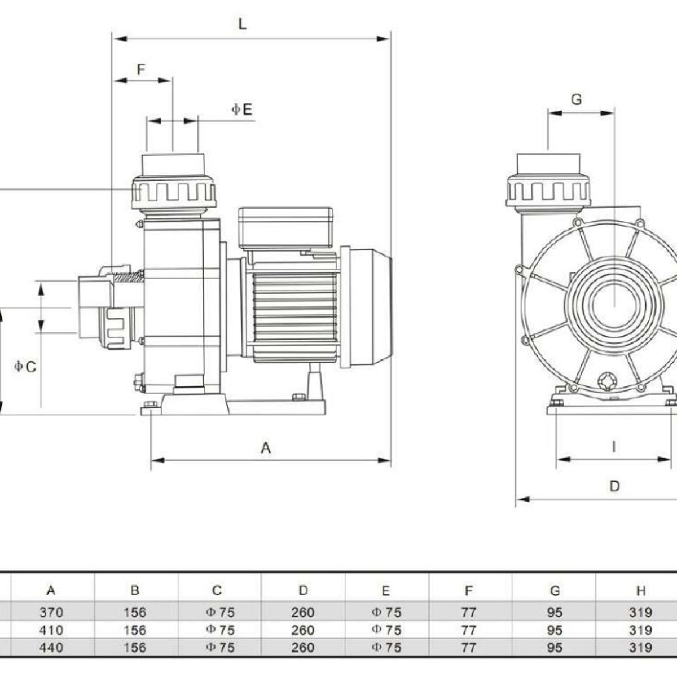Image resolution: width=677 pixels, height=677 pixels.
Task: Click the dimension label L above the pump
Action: [x=242, y=24]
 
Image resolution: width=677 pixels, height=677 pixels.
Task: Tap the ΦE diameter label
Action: [x=242, y=109]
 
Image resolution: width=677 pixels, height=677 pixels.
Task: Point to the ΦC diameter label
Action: [x=25, y=367]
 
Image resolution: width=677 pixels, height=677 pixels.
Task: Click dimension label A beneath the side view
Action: [x=266, y=448]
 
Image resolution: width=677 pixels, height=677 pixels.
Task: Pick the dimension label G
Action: [x=576, y=99]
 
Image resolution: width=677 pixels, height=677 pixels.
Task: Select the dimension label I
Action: [x=614, y=447]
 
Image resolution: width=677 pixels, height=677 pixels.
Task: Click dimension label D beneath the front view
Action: [x=615, y=486]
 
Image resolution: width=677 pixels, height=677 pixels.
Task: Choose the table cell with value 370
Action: [x=51, y=612]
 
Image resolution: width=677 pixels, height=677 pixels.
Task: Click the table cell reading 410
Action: [x=51, y=630]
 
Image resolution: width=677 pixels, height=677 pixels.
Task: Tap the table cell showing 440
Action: [x=51, y=647]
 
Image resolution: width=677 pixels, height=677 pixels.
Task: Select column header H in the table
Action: [x=640, y=591]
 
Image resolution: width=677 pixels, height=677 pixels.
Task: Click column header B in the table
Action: [x=134, y=591]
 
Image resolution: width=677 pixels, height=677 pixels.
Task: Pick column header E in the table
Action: [x=386, y=591]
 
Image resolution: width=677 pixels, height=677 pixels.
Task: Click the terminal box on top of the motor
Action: [x=285, y=227]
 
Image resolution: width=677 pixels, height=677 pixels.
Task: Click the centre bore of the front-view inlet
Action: [x=614, y=305]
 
